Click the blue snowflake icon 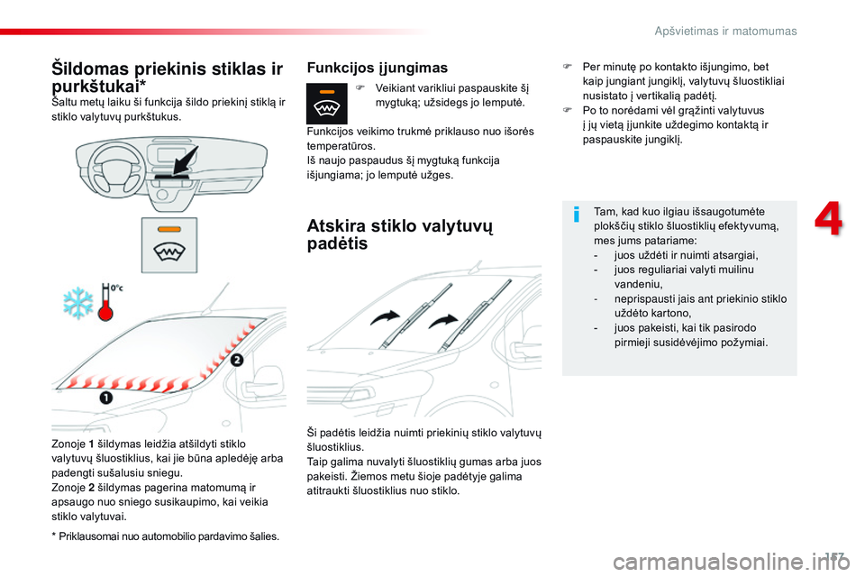pyautogui.click(x=77, y=303)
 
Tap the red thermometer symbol pyautogui.click(x=105, y=303)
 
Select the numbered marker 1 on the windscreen pyautogui.click(x=106, y=398)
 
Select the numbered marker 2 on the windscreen pyautogui.click(x=236, y=360)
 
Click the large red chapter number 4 pyautogui.click(x=829, y=219)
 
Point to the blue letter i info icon pyautogui.click(x=577, y=214)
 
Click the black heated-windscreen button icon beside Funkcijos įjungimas pyautogui.click(x=326, y=104)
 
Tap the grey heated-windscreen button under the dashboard pyautogui.click(x=169, y=244)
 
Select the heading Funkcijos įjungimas pyautogui.click(x=378, y=68)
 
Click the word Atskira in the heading pyautogui.click(x=336, y=225)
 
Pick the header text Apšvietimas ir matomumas pyautogui.click(x=725, y=31)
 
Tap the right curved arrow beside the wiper pyautogui.click(x=443, y=321)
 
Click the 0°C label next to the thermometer pyautogui.click(x=117, y=288)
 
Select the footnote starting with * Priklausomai pyautogui.click(x=166, y=536)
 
